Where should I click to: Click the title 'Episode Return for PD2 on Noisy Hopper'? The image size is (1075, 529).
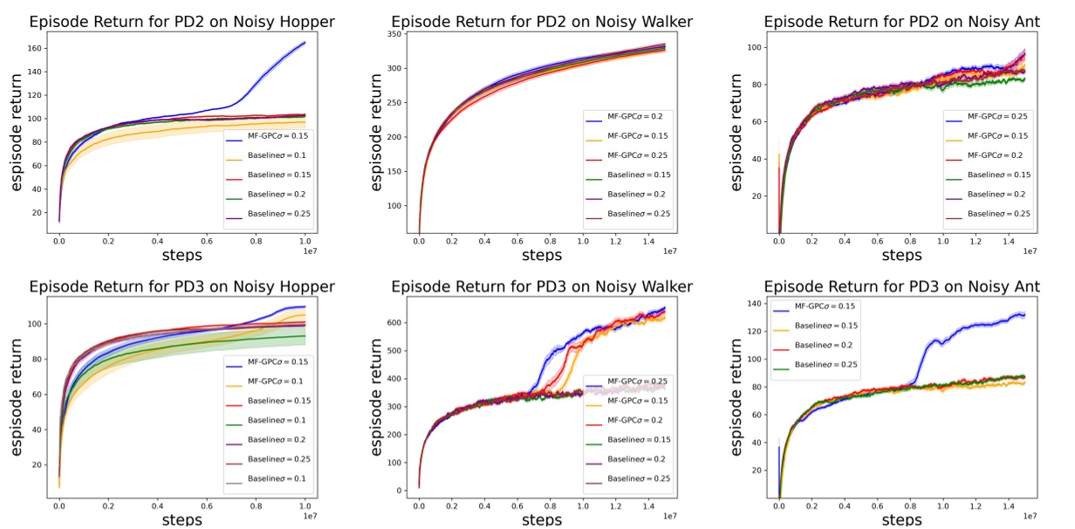click(x=181, y=22)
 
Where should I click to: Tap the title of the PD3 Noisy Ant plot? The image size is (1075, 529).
click(x=901, y=286)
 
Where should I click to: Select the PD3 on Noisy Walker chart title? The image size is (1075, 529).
click(x=542, y=286)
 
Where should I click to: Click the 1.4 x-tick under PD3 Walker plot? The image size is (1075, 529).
click(x=641, y=505)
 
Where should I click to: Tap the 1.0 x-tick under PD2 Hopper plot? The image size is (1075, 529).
click(x=305, y=240)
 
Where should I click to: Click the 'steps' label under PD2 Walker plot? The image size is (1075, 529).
click(x=542, y=255)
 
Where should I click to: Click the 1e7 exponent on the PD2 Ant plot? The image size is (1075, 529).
click(x=1030, y=251)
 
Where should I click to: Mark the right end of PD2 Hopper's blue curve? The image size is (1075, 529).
click(x=305, y=42)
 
